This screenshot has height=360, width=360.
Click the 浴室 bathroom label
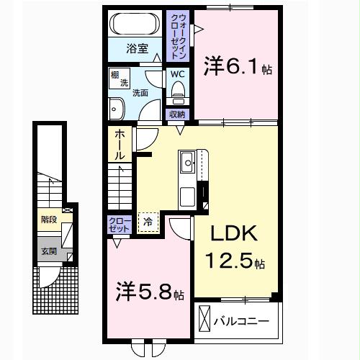click(x=138, y=50)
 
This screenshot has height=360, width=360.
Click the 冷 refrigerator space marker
click(x=148, y=222)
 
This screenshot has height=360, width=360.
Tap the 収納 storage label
click(x=177, y=114)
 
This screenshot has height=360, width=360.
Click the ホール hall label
click(x=119, y=144)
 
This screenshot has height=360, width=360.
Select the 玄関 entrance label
click(x=48, y=252)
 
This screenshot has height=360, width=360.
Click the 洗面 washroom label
click(x=140, y=92)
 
